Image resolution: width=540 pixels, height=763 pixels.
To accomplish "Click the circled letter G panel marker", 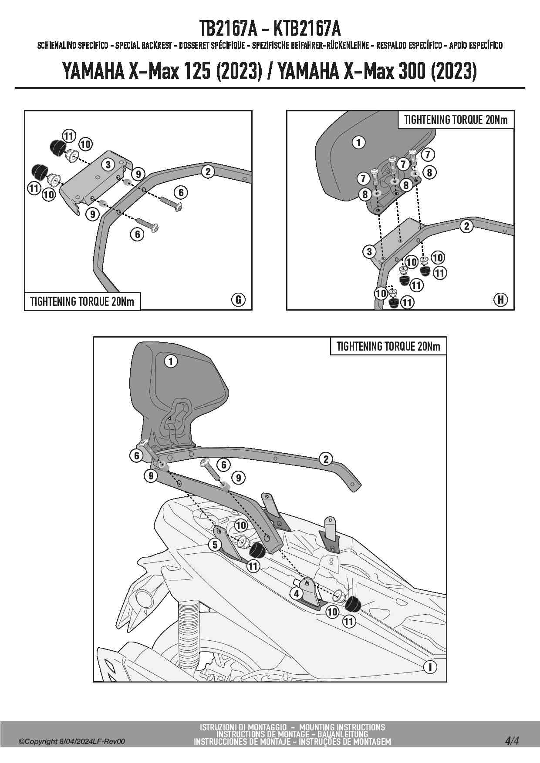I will tap(238, 299).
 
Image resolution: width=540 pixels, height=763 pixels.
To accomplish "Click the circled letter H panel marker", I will tap(501, 299).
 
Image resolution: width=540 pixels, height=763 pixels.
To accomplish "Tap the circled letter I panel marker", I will tap(430, 667).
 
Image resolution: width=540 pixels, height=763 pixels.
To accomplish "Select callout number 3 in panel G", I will tap(108, 164).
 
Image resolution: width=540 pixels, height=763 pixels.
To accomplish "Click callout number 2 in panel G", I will tap(208, 171).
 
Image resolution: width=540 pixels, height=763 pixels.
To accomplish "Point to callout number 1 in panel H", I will tap(358, 142).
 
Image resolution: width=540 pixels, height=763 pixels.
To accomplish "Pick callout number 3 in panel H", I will tap(369, 251).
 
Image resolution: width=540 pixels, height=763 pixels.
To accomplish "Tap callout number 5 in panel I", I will tap(215, 544).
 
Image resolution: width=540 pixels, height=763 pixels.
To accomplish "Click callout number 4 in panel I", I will tap(297, 593).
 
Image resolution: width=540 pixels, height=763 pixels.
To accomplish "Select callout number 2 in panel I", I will tap(326, 458).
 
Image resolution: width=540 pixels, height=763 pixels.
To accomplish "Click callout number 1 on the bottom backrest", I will tap(171, 361).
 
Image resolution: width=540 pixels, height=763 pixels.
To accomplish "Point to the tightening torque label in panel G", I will tap(82, 301).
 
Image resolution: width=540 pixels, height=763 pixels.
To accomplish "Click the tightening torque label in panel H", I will tap(456, 120).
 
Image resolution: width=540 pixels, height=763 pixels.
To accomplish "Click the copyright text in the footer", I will tap(72, 741).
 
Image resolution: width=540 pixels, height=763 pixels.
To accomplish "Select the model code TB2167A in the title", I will tap(227, 29).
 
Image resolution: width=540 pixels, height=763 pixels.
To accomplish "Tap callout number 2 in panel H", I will tap(466, 226).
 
